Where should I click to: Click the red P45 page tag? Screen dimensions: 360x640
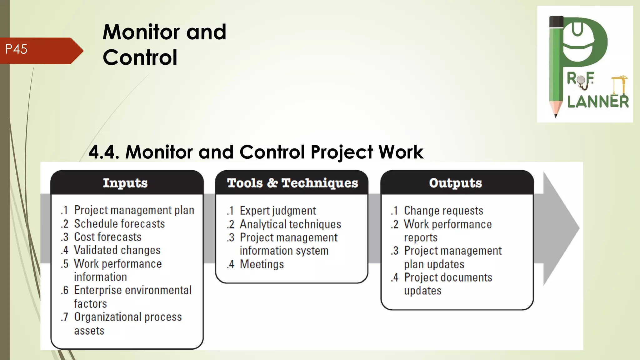coord(37,50)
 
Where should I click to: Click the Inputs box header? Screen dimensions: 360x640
coord(125,183)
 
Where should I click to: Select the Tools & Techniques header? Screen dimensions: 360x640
coord(292,183)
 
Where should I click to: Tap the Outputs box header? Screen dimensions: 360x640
coord(455,183)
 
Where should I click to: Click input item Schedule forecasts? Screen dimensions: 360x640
coord(119,224)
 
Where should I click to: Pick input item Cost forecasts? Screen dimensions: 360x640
coord(107,237)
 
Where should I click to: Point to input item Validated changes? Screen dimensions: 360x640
coord(117,250)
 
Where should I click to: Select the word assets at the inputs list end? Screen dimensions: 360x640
coord(89,331)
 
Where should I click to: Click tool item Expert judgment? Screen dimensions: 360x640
coord(277,211)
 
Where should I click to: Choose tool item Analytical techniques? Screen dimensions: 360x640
coord(290,224)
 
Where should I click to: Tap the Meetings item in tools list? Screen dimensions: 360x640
coord(262,264)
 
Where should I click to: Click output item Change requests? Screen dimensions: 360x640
coord(443,211)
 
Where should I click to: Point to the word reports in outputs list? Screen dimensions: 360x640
coord(420,237)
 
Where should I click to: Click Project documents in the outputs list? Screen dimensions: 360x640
coord(448,277)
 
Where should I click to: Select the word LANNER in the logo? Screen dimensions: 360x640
coord(597,102)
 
